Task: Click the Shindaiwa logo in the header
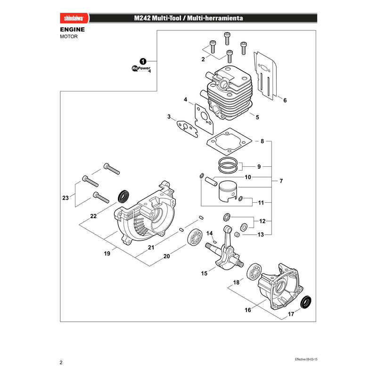point(74,18)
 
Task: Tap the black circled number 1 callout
point(143,62)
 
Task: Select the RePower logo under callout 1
point(141,68)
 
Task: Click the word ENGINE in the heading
point(73,30)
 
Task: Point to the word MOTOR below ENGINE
point(69,37)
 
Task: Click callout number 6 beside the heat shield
point(285,100)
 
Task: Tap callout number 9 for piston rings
point(259,167)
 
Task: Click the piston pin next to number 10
point(211,181)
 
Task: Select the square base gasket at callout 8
point(229,142)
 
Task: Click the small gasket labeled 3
point(187,129)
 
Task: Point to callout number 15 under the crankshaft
point(204,273)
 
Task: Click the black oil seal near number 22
point(123,197)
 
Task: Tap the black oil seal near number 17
point(306,302)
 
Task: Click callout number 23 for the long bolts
point(66,198)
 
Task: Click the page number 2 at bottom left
point(61,362)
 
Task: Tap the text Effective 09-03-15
point(306,360)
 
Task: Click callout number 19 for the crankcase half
point(107,254)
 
